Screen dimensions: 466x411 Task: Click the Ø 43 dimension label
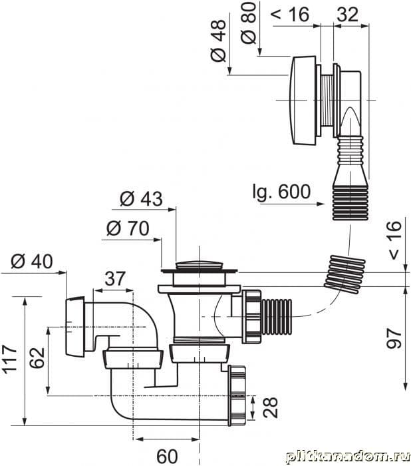(x=141, y=198)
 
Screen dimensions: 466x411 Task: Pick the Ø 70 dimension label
(x=127, y=228)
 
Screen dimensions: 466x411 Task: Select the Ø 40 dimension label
(x=32, y=261)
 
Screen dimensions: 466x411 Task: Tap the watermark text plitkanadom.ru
(x=345, y=456)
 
